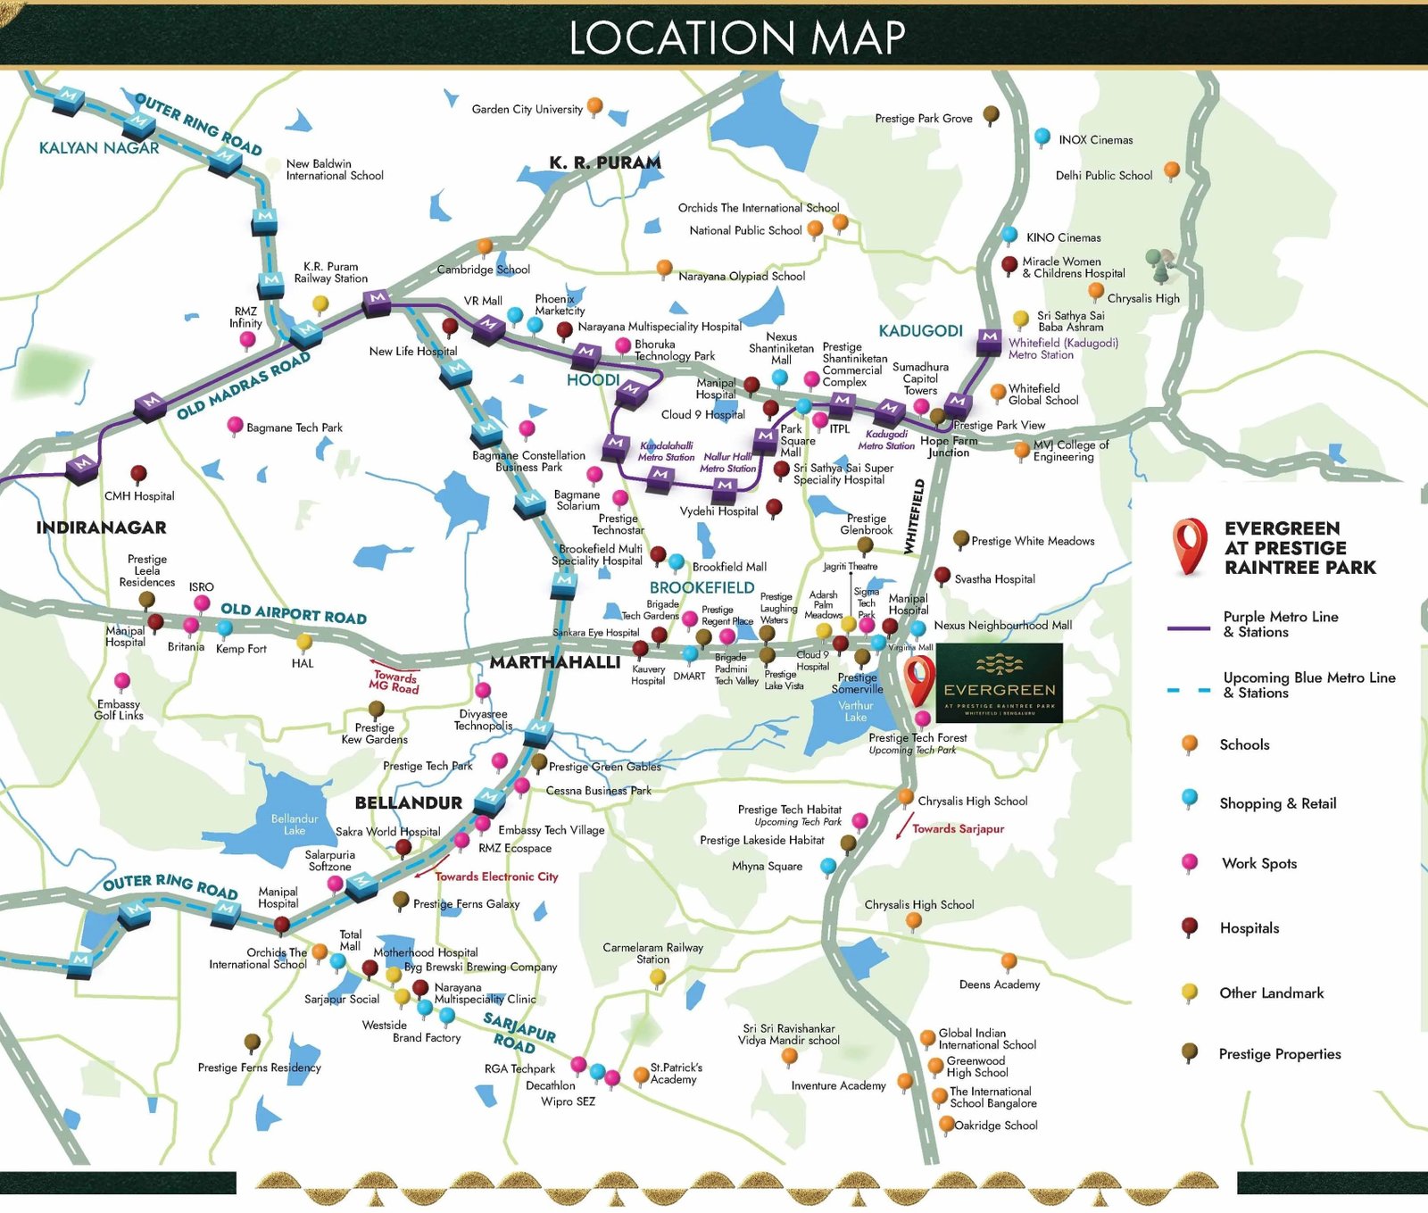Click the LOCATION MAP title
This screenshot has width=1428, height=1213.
point(737,37)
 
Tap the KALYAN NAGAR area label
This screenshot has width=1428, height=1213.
point(99,148)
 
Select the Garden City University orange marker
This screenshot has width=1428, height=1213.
point(594,106)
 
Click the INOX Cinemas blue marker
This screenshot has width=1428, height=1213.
point(1042,137)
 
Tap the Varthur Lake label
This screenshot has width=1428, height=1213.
point(855,711)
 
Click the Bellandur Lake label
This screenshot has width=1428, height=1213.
point(295,824)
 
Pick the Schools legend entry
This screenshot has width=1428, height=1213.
point(1243,744)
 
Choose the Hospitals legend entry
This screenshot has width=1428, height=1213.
point(1249,928)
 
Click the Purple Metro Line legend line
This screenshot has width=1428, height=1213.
point(1189,628)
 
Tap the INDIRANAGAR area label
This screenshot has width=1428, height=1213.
point(101,528)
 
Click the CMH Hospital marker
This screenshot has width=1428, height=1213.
point(138,473)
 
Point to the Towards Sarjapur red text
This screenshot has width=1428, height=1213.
point(958,828)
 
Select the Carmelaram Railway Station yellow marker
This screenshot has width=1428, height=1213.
point(658,976)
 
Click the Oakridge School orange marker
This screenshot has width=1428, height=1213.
point(946,1124)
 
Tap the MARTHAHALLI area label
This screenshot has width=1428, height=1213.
point(554,662)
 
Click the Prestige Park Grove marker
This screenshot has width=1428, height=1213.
point(991,114)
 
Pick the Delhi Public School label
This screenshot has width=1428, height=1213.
point(1104,176)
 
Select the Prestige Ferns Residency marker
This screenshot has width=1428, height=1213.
point(253,1042)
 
